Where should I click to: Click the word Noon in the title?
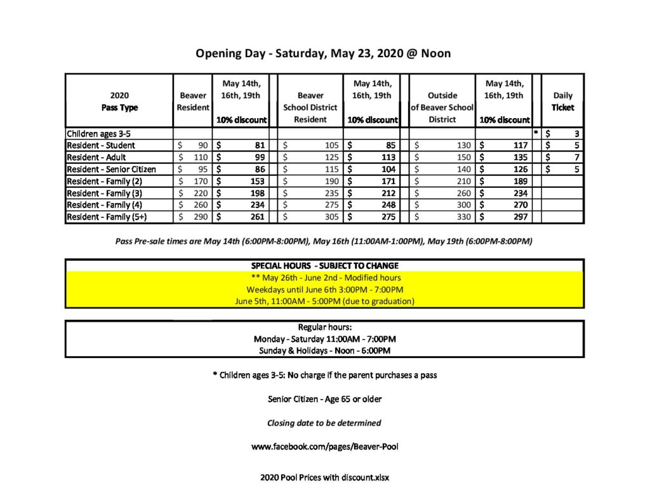pyautogui.click(x=436, y=53)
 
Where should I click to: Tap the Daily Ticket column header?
pyautogui.click(x=562, y=102)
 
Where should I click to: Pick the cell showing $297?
pyautogui.click(x=505, y=217)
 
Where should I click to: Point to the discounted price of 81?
pyautogui.click(x=242, y=145)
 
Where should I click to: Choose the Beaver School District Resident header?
pyautogui.click(x=310, y=107)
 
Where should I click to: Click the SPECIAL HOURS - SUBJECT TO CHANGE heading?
pyautogui.click(x=324, y=265)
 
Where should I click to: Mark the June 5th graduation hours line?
pyautogui.click(x=324, y=301)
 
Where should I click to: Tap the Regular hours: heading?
pyautogui.click(x=324, y=327)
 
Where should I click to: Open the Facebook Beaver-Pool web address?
pyautogui.click(x=324, y=447)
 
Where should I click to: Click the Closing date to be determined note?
pyautogui.click(x=324, y=423)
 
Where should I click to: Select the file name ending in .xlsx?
pyautogui.click(x=324, y=477)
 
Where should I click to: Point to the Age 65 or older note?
pyautogui.click(x=324, y=399)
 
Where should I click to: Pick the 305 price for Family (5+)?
pyautogui.click(x=310, y=217)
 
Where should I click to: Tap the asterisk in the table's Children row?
pyautogui.click(x=536, y=133)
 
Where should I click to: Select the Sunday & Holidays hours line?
pyautogui.click(x=324, y=350)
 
